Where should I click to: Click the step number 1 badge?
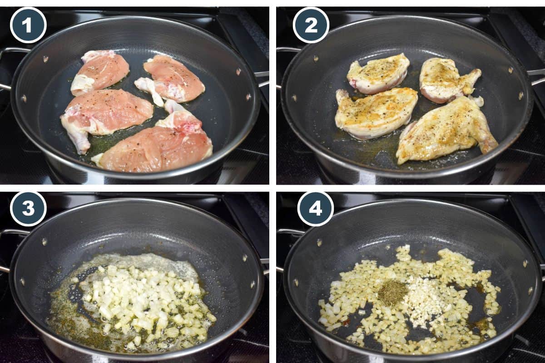(x=28, y=25)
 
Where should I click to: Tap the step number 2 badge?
(x=311, y=25)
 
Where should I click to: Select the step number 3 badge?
(x=28, y=209)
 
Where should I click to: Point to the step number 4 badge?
(x=315, y=209)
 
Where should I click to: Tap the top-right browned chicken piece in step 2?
(x=447, y=79)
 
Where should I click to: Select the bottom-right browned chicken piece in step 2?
(x=447, y=129)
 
